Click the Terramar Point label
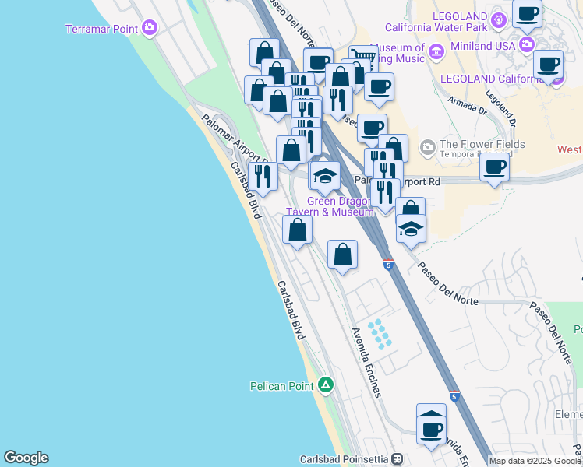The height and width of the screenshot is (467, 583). coord(102,29)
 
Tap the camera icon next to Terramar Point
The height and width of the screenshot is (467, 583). coord(149,29)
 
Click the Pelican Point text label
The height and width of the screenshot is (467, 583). coord(281,385)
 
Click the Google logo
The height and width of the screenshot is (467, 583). coord(26,458)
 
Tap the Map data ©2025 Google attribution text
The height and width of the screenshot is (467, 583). coord(535,461)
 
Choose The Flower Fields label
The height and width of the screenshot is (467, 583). coord(482,144)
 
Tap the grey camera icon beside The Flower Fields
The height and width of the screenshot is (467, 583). coord(427,146)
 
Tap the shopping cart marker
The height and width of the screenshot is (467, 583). coord(362,58)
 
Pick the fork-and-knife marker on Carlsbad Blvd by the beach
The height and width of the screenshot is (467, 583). coord(262,176)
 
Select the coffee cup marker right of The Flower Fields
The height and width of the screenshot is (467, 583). coord(495,167)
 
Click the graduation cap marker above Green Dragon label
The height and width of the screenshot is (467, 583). coord(325,175)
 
